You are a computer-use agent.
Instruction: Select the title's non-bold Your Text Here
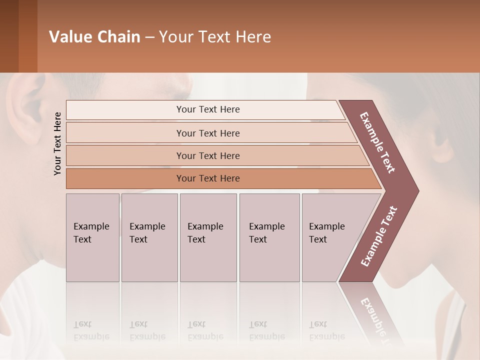pos(215,37)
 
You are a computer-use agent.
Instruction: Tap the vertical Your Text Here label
pos(57,143)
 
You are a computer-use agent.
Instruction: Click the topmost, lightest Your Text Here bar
pos(207,109)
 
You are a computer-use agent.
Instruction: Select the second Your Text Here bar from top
pos(207,133)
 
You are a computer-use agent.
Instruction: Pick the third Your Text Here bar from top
pos(207,155)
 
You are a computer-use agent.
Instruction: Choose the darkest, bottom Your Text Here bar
pos(207,178)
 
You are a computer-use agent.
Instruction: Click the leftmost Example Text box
pos(92,237)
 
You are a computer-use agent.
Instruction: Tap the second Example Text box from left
pos(149,237)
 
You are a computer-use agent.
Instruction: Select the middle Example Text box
pos(208,237)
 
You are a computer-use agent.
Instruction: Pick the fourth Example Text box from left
pos(269,237)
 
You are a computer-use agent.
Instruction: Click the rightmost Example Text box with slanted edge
pos(330,237)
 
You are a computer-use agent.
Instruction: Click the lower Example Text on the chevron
pos(379,236)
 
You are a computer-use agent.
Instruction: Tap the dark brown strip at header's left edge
pos(9,36)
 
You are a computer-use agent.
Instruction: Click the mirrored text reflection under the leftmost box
pos(91,330)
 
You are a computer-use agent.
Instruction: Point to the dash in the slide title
pos(149,37)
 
